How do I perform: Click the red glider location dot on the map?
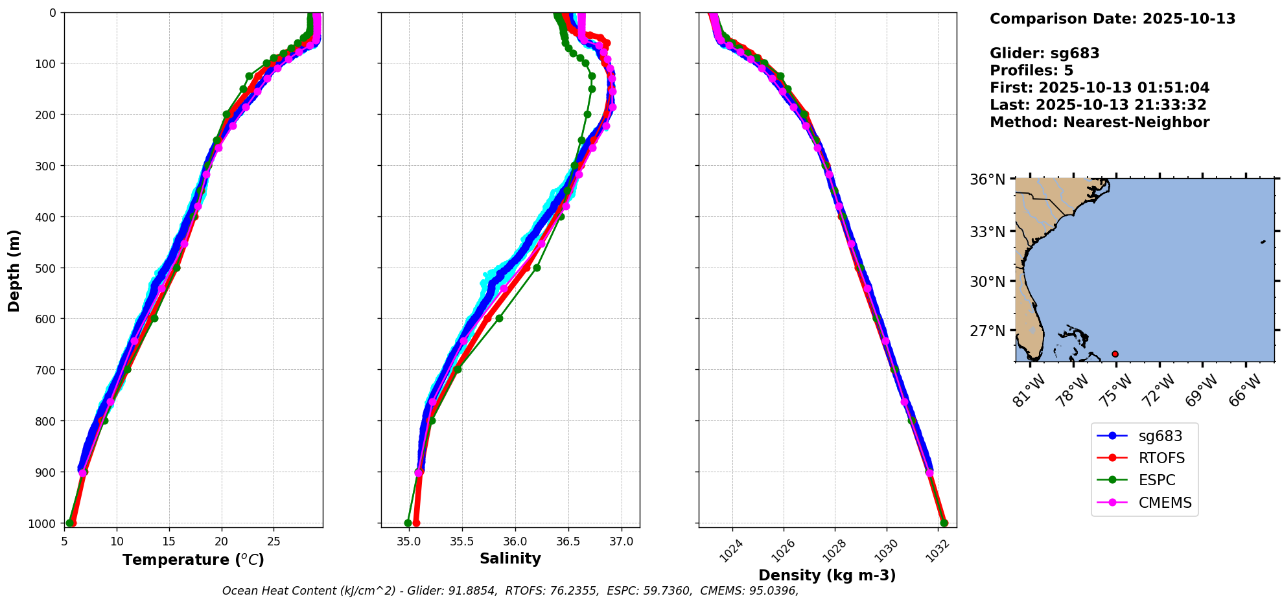click(1115, 354)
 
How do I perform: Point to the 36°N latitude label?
click(987, 179)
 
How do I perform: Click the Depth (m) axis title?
click(14, 270)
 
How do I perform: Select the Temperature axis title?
click(193, 560)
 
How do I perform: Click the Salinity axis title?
click(510, 558)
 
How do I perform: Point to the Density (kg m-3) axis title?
click(827, 575)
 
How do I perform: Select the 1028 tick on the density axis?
click(831, 549)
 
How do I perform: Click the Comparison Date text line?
click(1112, 19)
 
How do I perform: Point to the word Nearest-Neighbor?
click(1136, 122)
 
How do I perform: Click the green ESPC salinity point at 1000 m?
click(408, 523)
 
